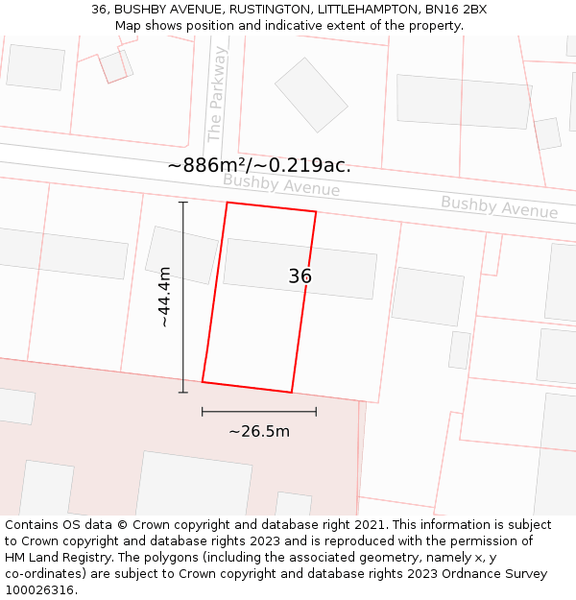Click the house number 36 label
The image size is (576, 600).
point(300,276)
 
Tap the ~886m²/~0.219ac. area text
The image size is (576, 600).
point(259,165)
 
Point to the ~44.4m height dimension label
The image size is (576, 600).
point(164,297)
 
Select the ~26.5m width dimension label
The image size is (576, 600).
point(258,431)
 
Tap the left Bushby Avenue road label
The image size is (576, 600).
point(281,184)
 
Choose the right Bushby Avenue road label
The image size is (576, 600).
point(499,206)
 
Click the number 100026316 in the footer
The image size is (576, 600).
point(40,590)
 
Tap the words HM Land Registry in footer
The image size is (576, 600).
point(56,558)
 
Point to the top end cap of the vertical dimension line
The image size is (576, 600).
point(183,203)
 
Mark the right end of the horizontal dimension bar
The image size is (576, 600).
point(316,412)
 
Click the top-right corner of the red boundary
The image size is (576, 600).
point(316,211)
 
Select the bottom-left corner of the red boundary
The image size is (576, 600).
point(203,381)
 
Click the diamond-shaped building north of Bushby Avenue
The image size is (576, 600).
point(311,94)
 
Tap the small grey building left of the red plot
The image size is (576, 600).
point(180,254)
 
